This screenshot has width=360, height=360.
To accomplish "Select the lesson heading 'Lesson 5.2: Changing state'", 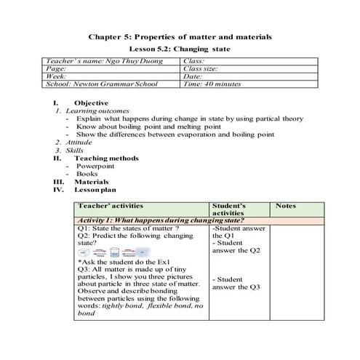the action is [180, 49].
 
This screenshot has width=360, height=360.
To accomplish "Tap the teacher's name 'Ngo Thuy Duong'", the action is [121, 62].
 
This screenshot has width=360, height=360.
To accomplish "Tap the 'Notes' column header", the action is [287, 207].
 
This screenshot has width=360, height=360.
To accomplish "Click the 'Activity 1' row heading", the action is [160, 220].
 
